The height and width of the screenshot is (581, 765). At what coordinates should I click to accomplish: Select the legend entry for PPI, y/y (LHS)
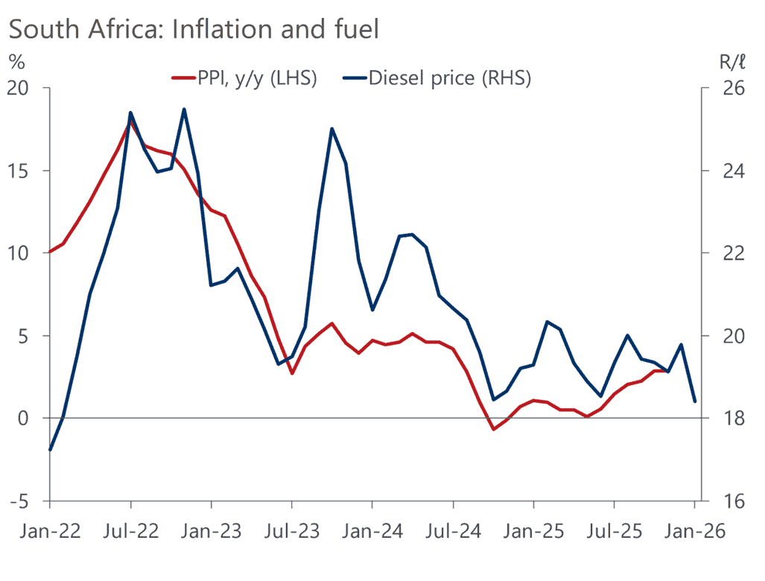click(245, 78)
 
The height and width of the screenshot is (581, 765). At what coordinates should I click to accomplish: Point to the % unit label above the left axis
click(16, 61)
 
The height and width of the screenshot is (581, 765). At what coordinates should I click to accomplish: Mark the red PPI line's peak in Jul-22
click(131, 120)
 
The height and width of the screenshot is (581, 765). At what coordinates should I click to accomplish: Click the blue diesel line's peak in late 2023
click(331, 129)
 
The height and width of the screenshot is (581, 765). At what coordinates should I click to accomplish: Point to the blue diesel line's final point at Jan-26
click(695, 401)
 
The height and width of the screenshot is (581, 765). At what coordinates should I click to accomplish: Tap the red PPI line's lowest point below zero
click(493, 429)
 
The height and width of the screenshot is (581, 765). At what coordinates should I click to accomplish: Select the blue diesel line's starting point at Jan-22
click(50, 450)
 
